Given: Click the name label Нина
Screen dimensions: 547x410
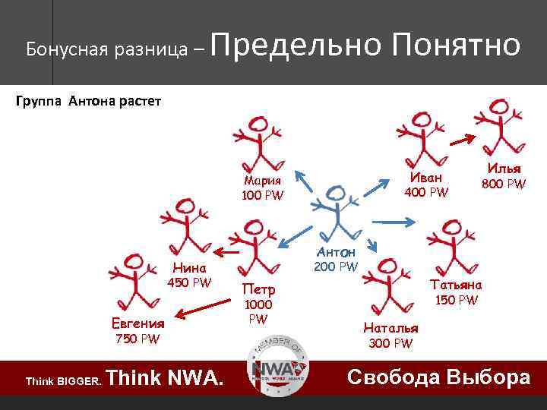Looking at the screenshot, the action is pyautogui.click(x=189, y=267).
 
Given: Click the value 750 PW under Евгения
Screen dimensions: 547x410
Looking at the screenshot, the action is pyautogui.click(x=138, y=339).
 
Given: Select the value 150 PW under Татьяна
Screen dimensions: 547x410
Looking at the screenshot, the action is pyautogui.click(x=456, y=300).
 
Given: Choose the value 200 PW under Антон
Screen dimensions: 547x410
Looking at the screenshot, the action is pyautogui.click(x=336, y=266).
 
